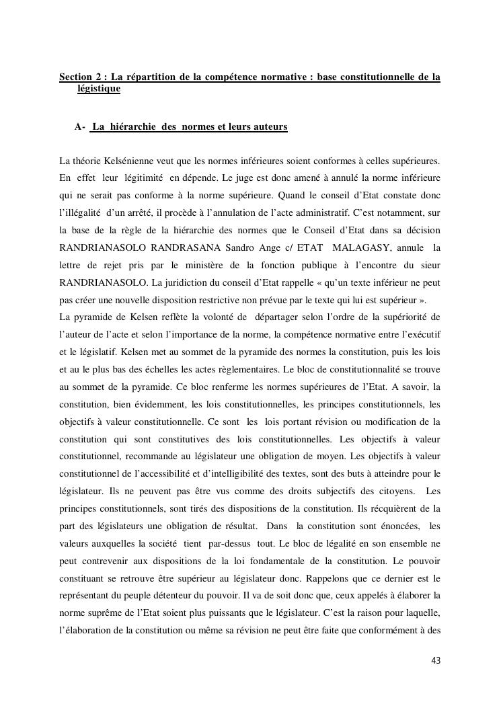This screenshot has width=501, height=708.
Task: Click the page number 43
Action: [x=436, y=661]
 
